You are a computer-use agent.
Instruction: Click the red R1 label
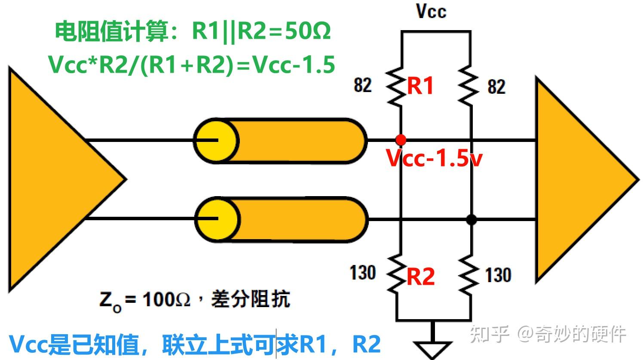coord(420,86)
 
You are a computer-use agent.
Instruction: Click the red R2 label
coord(420,276)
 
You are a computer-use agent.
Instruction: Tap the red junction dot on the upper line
coord(401,140)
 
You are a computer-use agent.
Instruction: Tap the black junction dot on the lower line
coord(472,219)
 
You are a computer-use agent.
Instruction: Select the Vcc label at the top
coord(431,11)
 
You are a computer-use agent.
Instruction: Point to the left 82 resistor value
coord(363,85)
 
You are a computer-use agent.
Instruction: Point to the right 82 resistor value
coord(496,86)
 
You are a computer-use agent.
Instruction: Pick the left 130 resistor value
coord(363,273)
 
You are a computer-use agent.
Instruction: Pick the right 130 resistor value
coord(498,275)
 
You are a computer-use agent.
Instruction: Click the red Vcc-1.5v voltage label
coord(434,158)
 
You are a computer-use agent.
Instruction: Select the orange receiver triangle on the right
coord(580,179)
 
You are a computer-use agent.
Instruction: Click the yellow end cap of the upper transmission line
coord(215,141)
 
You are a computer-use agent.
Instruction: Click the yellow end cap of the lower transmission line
coord(217,219)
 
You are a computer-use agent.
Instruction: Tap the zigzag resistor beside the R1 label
coord(396,86)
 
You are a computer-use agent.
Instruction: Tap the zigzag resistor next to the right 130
coord(469,275)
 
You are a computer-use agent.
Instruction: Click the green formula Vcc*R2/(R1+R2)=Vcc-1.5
coord(192,65)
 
